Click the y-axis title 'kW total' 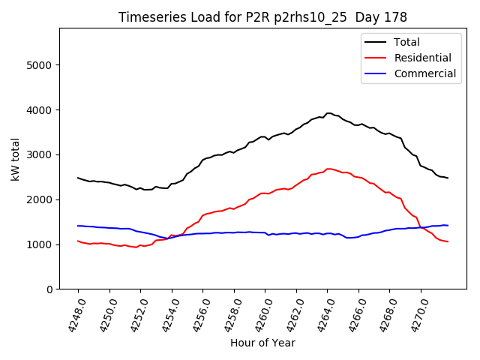point(16,158)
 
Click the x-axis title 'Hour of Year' point(262,343)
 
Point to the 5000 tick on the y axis point(39,65)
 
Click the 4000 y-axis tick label point(39,110)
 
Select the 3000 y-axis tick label point(39,155)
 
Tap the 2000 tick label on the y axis point(39,199)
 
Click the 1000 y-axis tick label point(39,244)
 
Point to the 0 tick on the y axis point(49,289)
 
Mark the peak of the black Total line point(328,113)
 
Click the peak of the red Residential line point(328,169)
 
